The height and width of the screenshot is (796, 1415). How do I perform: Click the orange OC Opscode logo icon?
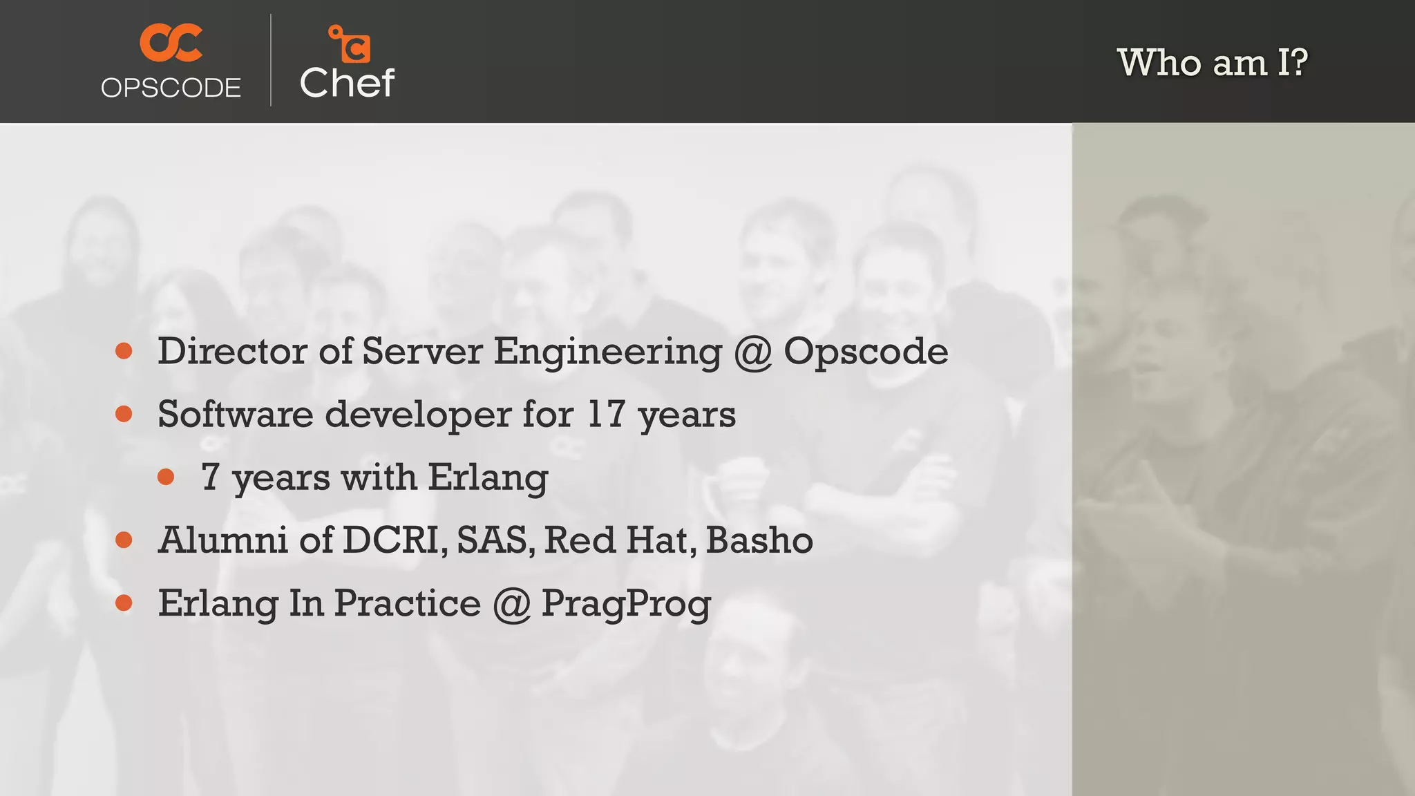[x=171, y=43]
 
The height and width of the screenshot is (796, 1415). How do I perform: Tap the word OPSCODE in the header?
[x=171, y=88]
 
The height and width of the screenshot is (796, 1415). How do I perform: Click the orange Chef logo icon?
[x=350, y=44]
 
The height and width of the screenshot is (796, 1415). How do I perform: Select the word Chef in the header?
[x=347, y=84]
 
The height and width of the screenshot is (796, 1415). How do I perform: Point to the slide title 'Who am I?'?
[x=1212, y=63]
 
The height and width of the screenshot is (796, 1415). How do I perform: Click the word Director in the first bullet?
[x=232, y=351]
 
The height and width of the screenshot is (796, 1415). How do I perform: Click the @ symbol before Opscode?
[x=752, y=352]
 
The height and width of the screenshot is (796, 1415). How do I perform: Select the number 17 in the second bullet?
[x=605, y=414]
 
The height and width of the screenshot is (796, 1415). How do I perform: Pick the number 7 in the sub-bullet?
[x=210, y=477]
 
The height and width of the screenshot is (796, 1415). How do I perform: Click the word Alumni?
[x=222, y=540]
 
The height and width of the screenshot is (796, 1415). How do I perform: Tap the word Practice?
[x=408, y=603]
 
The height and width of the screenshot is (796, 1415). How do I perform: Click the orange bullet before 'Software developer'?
[x=124, y=414]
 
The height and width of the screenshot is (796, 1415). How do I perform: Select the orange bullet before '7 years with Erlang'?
[x=166, y=477]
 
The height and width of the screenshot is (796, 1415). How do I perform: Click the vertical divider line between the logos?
[x=271, y=60]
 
